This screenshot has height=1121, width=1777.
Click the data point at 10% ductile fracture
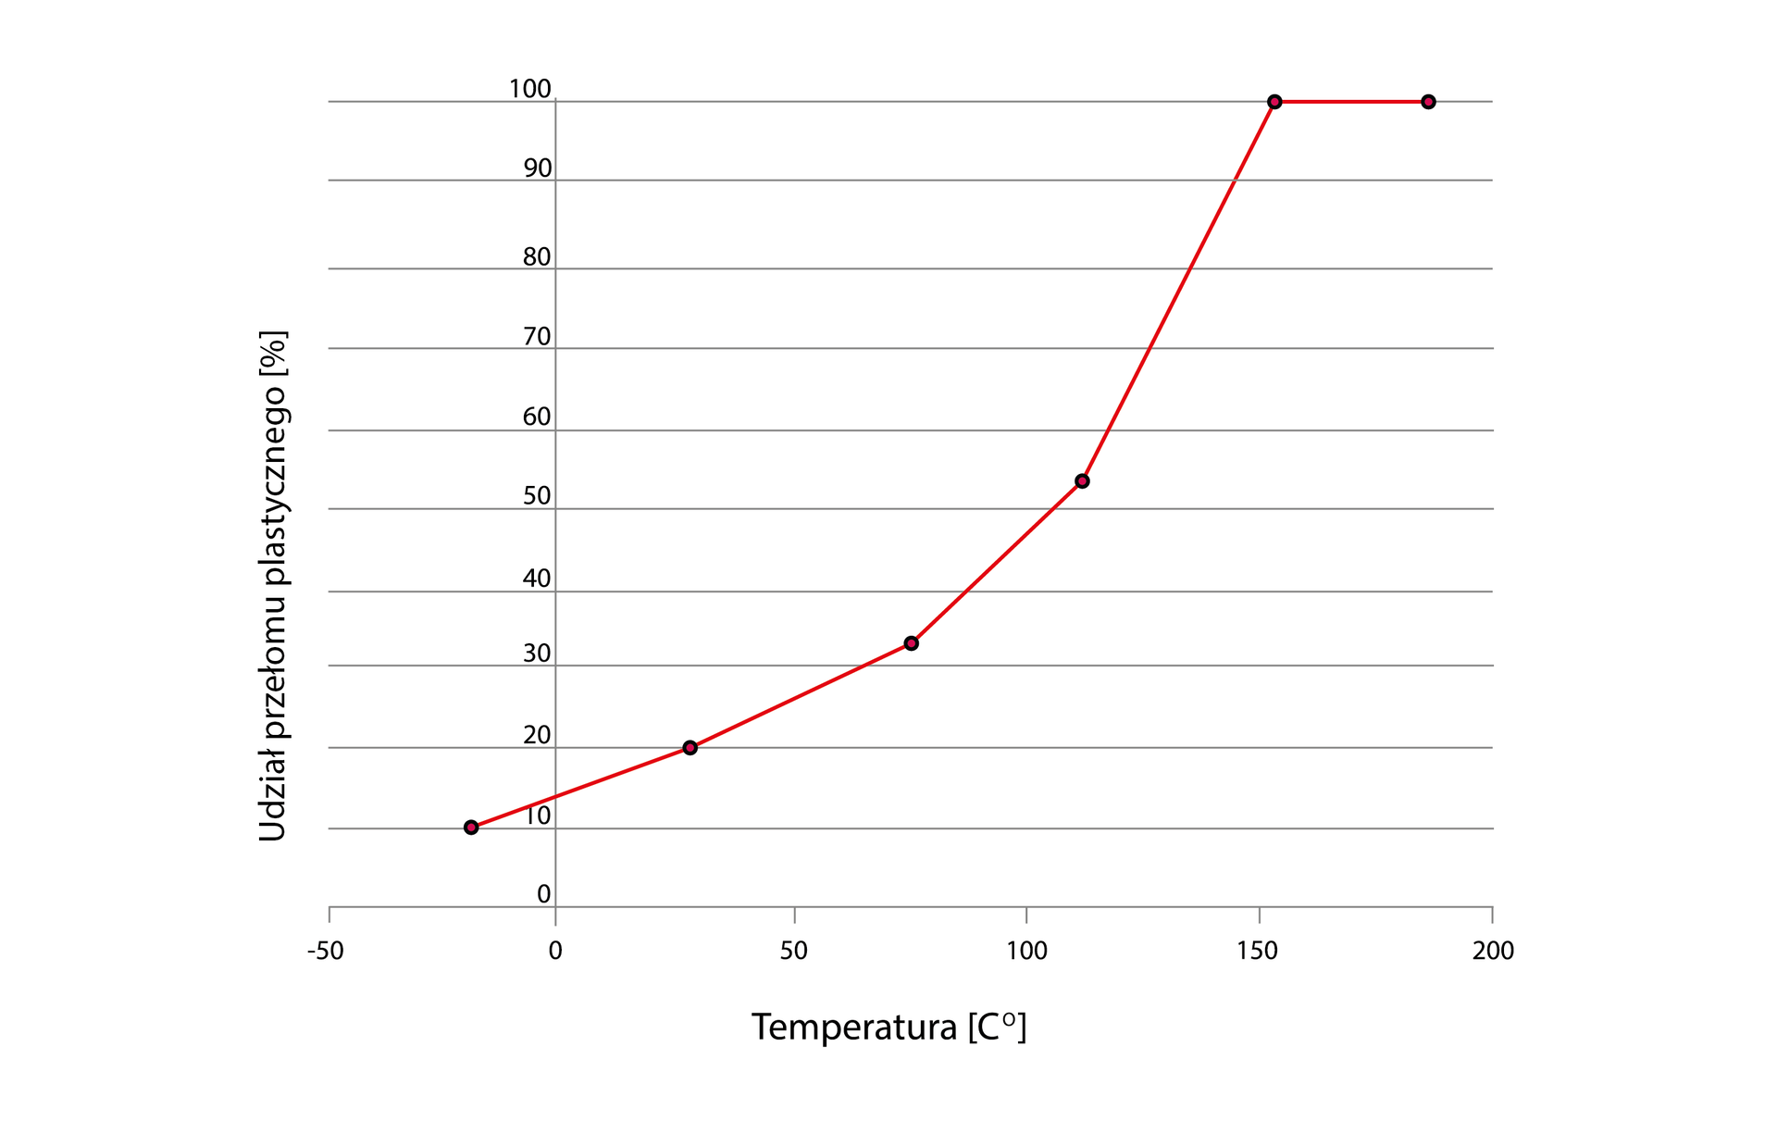click(x=471, y=827)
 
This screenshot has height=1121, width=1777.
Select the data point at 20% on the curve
click(x=690, y=747)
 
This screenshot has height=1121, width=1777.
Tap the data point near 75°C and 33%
click(x=912, y=643)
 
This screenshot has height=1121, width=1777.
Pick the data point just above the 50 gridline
click(x=1082, y=481)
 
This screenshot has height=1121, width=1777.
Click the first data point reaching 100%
click(x=1274, y=102)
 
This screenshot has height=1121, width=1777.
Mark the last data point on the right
click(x=1428, y=102)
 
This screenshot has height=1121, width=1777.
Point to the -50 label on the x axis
click(x=325, y=951)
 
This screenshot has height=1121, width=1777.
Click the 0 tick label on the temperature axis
click(x=555, y=951)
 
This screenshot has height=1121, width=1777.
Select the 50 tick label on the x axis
click(x=793, y=951)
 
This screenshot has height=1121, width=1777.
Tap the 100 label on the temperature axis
click(x=1026, y=951)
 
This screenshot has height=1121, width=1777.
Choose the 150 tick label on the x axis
click(x=1257, y=951)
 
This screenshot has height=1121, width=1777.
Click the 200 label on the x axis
click(x=1493, y=951)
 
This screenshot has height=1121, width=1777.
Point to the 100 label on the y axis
click(x=529, y=89)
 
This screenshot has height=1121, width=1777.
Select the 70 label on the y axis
click(x=537, y=337)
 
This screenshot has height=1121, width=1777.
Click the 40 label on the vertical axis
click(x=537, y=579)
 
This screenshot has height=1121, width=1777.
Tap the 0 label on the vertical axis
click(x=544, y=894)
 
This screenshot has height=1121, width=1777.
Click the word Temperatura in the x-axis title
click(x=853, y=1027)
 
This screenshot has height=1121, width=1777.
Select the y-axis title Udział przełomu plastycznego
click(x=272, y=585)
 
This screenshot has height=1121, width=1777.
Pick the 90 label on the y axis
click(x=537, y=168)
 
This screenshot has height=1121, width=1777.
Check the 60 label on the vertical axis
click(x=537, y=417)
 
